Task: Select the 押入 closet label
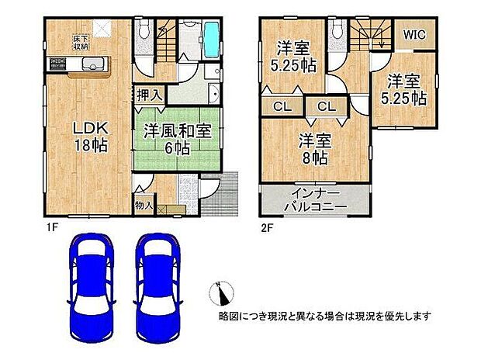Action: pyautogui.click(x=150, y=95)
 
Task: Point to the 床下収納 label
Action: pyautogui.click(x=81, y=41)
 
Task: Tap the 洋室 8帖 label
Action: pyautogui.click(x=315, y=148)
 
